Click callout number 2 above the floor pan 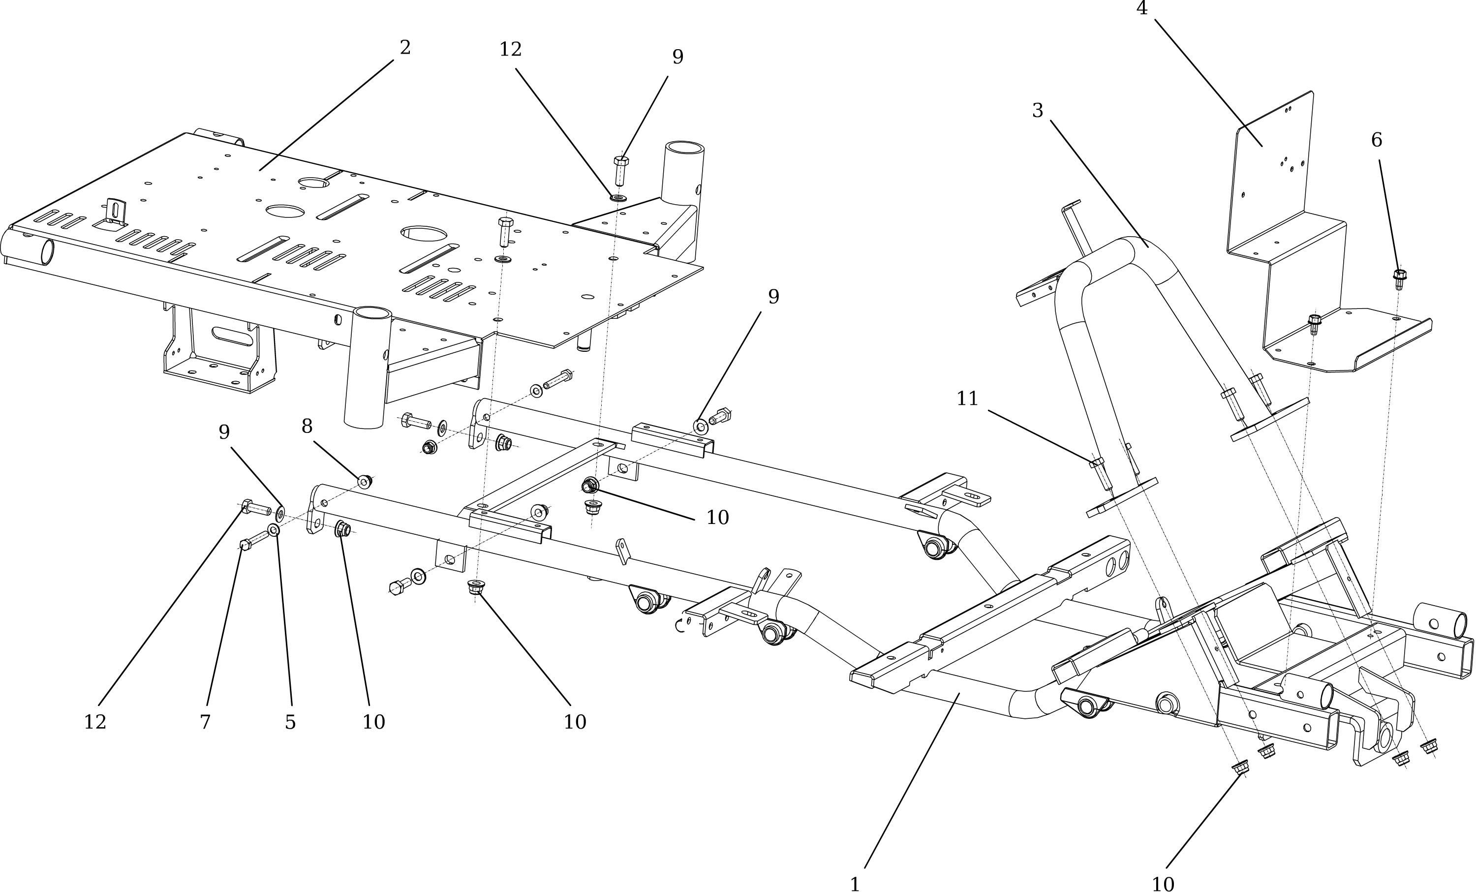click(x=405, y=48)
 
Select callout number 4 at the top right click(x=1142, y=8)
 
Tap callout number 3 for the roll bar click(x=1038, y=110)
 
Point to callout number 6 click(x=1377, y=140)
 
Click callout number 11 click(x=967, y=399)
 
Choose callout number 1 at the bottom click(x=855, y=884)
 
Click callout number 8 click(x=307, y=427)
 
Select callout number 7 click(x=205, y=722)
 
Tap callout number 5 click(x=290, y=722)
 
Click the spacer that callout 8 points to click(x=364, y=481)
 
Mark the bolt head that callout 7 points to click(x=245, y=545)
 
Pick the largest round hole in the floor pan click(x=424, y=234)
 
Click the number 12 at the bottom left click(x=94, y=722)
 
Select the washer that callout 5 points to click(x=274, y=531)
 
